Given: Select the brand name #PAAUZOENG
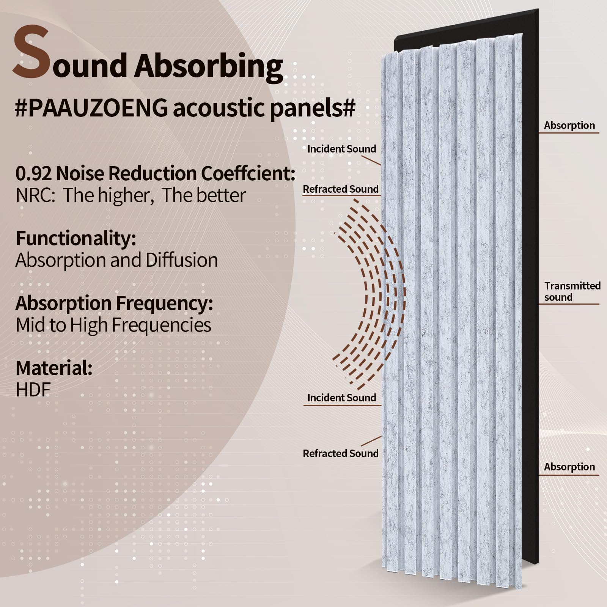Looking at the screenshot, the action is click(91, 108).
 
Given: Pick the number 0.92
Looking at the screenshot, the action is click(33, 173).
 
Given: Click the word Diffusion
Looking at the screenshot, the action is click(181, 261).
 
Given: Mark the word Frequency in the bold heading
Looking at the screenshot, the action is click(164, 303).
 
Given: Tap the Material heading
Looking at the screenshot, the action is click(54, 368).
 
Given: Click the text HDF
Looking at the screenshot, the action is click(33, 390).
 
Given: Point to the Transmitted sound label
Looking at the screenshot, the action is click(572, 291).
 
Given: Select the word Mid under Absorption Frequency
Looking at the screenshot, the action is click(31, 326).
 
